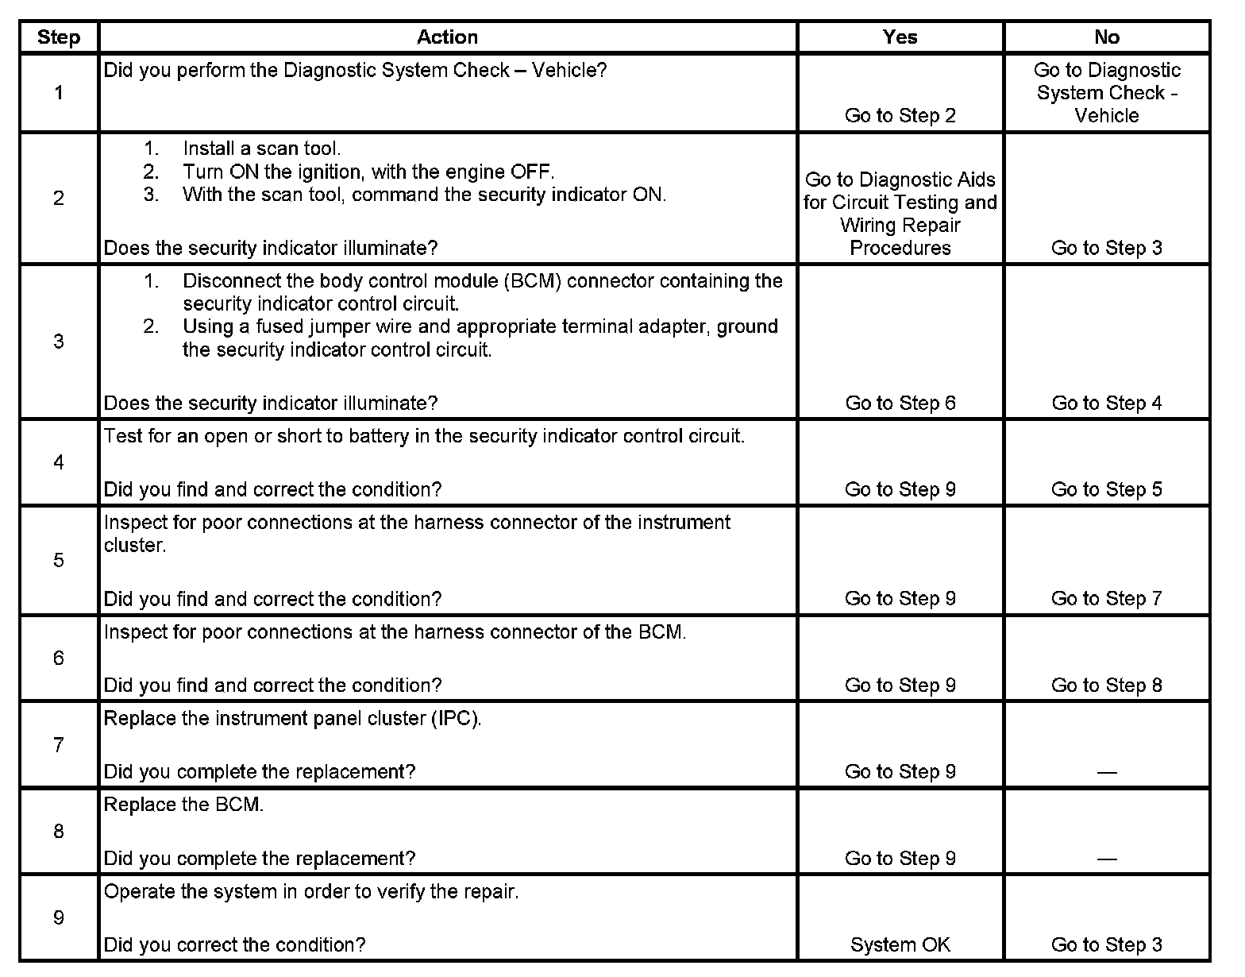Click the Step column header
[x=59, y=37]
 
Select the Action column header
[x=447, y=37]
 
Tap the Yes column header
[x=900, y=37]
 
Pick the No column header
[x=1106, y=37]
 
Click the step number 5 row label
[x=59, y=561]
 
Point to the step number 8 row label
[x=59, y=832]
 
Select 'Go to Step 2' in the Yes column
[x=900, y=116]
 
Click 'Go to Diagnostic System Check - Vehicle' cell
[x=1106, y=93]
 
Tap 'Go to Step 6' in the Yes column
[x=900, y=404]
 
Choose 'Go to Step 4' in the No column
[x=1106, y=404]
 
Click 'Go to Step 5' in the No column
[x=1106, y=490]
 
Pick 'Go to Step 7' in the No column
[x=1106, y=599]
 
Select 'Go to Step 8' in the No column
[x=1106, y=685]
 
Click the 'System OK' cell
[x=900, y=945]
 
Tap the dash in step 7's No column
[x=1106, y=772]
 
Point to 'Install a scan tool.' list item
[x=261, y=149]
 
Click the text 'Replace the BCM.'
[x=183, y=805]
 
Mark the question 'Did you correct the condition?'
[x=234, y=945]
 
